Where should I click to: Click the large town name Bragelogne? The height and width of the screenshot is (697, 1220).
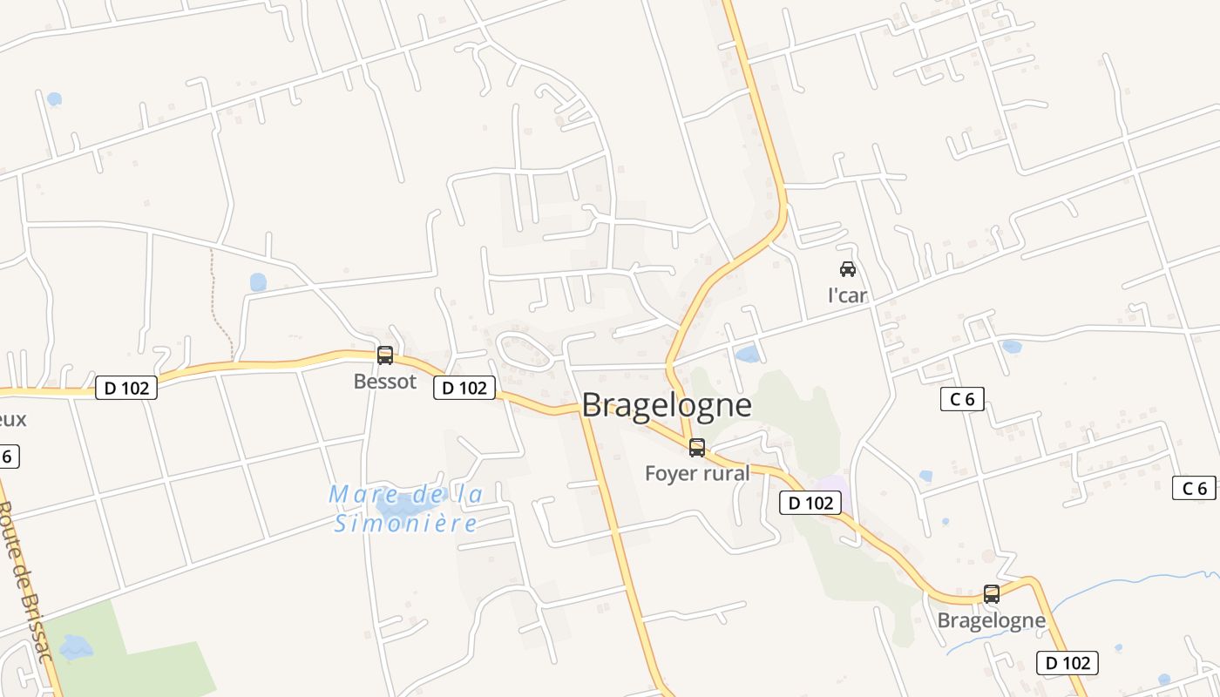tap(666, 405)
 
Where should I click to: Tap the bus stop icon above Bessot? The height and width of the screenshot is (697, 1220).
tap(385, 355)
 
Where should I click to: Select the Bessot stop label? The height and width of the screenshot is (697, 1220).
tap(385, 382)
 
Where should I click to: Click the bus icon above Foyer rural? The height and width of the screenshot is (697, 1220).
tap(697, 448)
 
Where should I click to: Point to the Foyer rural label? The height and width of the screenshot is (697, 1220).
tap(697, 473)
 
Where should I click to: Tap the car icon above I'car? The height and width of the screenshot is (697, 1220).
tap(848, 269)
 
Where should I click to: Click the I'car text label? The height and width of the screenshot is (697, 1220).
tap(848, 295)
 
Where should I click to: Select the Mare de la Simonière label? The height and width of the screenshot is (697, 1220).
tap(406, 509)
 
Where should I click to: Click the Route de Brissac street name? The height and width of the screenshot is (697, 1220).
tap(26, 579)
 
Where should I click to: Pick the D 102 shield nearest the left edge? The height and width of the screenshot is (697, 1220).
tap(126, 388)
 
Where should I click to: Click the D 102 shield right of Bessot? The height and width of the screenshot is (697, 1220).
tap(464, 388)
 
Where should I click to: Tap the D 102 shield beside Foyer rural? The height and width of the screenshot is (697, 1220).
tap(810, 503)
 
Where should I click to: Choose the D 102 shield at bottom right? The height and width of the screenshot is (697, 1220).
tap(1067, 663)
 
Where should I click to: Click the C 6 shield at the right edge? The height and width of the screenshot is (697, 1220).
tap(1194, 488)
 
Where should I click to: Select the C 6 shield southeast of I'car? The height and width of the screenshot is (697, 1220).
tap(962, 399)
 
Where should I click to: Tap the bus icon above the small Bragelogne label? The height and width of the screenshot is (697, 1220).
tap(992, 594)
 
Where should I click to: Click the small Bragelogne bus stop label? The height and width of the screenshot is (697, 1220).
tap(992, 620)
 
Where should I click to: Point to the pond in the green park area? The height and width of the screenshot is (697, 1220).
tap(75, 646)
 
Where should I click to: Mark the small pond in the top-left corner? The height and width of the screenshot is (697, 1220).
tap(54, 99)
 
